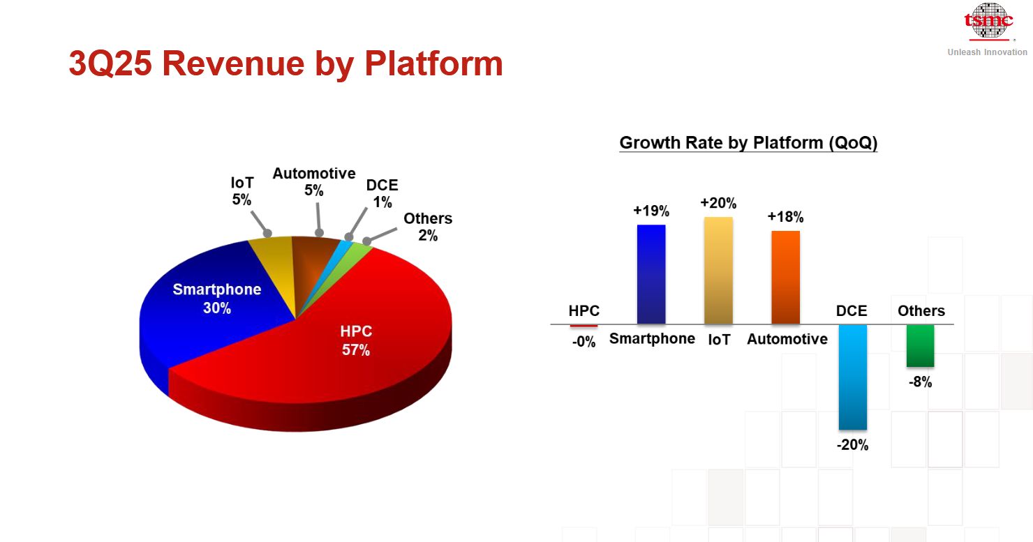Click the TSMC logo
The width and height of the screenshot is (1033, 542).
tap(988, 22)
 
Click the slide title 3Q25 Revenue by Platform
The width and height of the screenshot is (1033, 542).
tap(285, 63)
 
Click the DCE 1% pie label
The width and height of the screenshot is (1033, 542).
tap(382, 194)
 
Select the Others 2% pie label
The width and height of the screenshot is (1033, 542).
tap(427, 227)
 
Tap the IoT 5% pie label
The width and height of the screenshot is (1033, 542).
tap(242, 191)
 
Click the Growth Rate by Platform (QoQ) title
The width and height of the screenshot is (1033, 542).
tap(748, 143)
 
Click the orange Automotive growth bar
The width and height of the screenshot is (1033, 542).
tap(785, 277)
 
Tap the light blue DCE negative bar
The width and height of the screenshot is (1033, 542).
tap(852, 377)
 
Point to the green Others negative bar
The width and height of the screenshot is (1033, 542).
tap(920, 345)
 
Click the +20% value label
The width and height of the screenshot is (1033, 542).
tap(718, 203)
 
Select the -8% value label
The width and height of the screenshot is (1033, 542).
tap(920, 382)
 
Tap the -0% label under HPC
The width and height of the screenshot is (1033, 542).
tap(584, 342)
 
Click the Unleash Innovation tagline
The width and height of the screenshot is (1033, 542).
tap(987, 52)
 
